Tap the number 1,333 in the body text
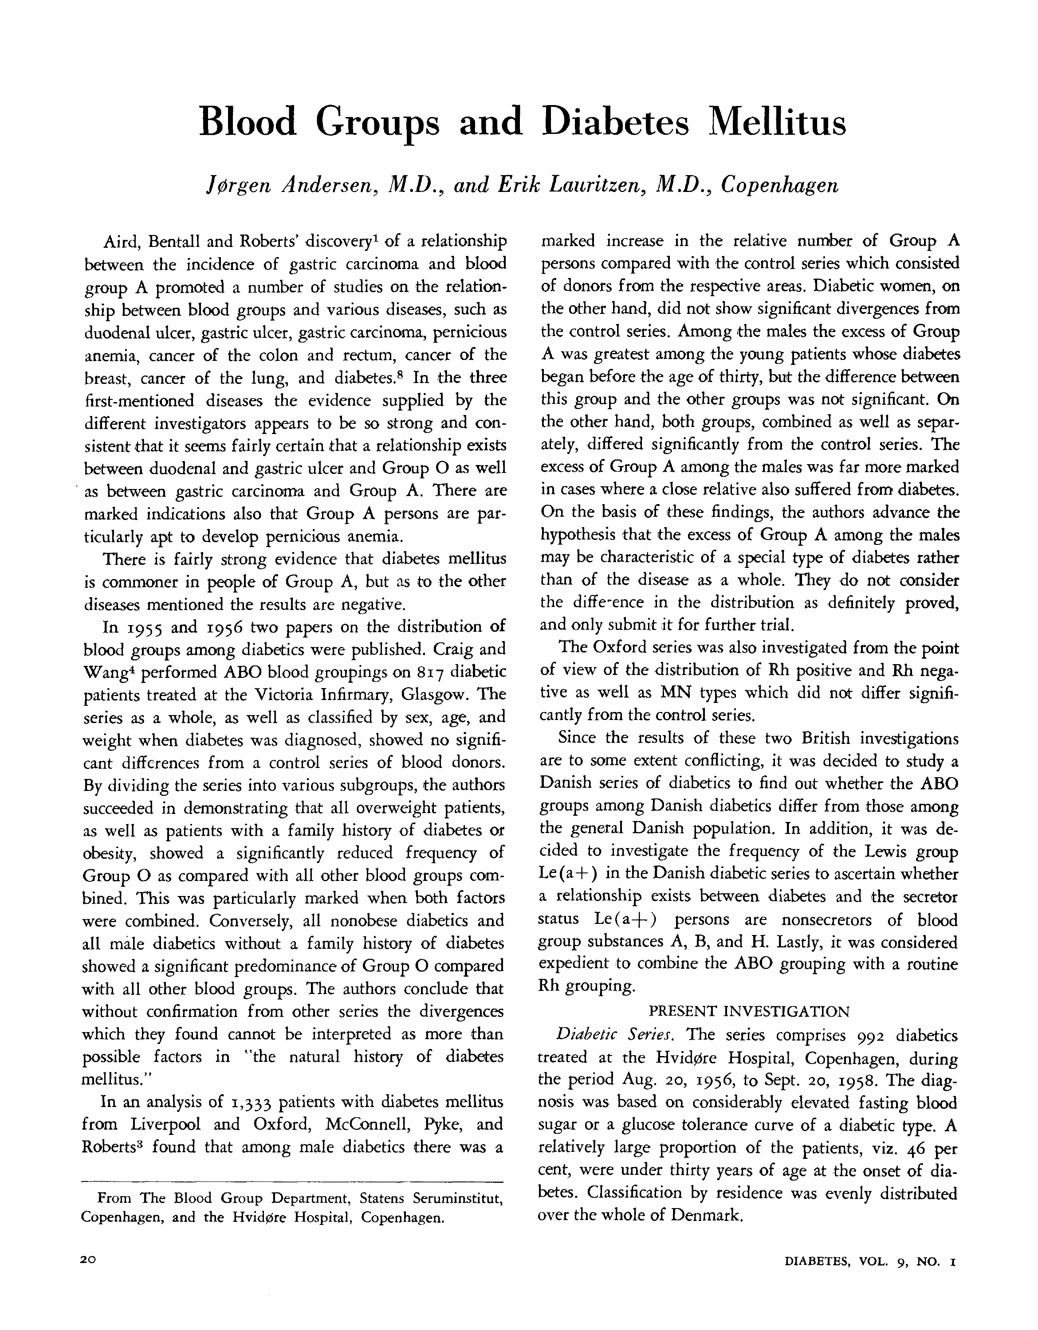pyautogui.click(x=251, y=1103)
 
